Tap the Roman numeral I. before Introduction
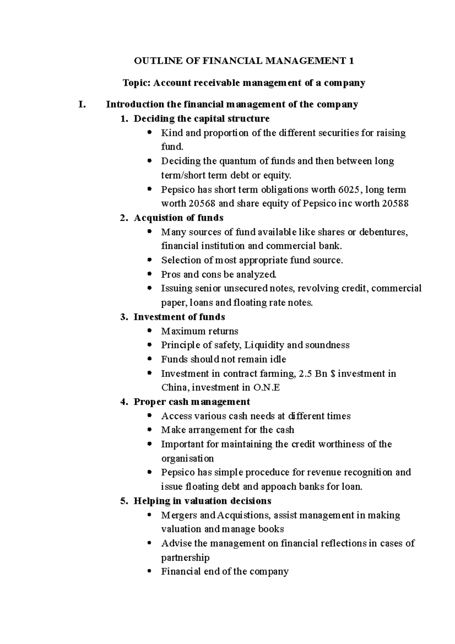[x=82, y=104]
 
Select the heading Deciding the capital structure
[x=201, y=119]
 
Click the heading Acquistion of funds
[x=178, y=218]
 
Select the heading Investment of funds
[x=179, y=317]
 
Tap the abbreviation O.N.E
[x=266, y=388]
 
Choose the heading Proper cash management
[x=191, y=402]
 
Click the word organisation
[x=187, y=459]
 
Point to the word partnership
[x=185, y=558]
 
